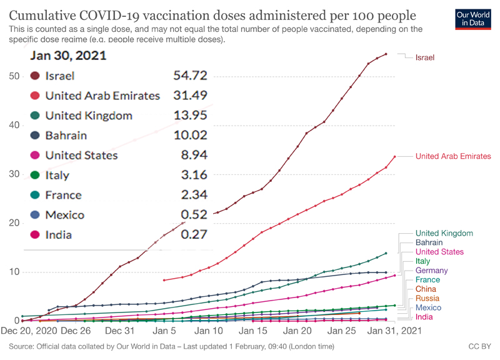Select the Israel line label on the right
tap(424, 57)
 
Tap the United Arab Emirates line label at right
tap(453, 156)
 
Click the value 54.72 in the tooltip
tap(190, 76)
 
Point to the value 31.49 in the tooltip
tap(190, 96)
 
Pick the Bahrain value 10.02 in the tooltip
tap(190, 135)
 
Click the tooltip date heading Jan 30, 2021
tap(68, 55)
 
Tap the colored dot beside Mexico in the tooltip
tap(35, 215)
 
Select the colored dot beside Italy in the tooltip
tap(35, 175)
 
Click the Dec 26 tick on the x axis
tap(76, 331)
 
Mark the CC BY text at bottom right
tap(479, 346)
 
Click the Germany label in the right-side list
tap(431, 271)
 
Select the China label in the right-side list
tap(426, 289)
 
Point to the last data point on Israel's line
tap(386, 54)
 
